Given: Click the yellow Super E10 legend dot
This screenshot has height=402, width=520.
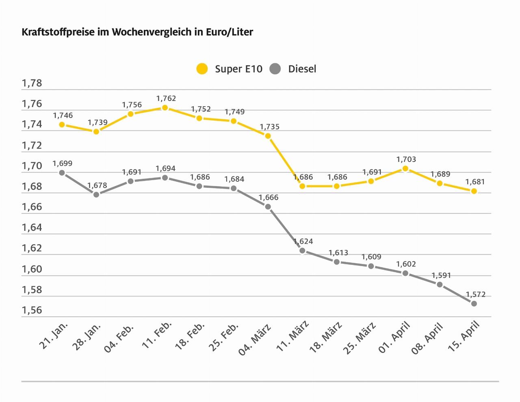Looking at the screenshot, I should tap(202, 69).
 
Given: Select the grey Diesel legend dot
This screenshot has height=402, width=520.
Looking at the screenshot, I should tap(275, 69).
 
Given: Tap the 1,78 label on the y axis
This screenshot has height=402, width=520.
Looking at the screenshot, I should tap(32, 84).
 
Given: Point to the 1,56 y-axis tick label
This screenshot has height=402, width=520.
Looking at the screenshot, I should tap(32, 310).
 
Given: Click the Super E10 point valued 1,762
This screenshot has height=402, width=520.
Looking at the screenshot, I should tap(165, 108).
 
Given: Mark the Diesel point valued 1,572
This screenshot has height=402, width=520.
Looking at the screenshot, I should tap(474, 303).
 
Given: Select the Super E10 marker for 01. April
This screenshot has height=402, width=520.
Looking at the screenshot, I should tap(405, 168).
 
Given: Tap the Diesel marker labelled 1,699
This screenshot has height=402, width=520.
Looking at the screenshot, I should tap(62, 173).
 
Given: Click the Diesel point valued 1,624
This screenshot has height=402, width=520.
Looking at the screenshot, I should tap(302, 251).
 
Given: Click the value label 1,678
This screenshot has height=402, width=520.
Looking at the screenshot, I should tap(97, 185).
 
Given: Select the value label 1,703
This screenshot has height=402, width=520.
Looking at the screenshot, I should tap(406, 159).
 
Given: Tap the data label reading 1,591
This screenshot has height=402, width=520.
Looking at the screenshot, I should tap(441, 275).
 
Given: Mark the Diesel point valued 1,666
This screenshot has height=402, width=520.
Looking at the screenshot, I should tap(268, 207).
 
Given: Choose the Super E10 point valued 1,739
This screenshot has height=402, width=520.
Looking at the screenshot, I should tap(96, 131).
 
